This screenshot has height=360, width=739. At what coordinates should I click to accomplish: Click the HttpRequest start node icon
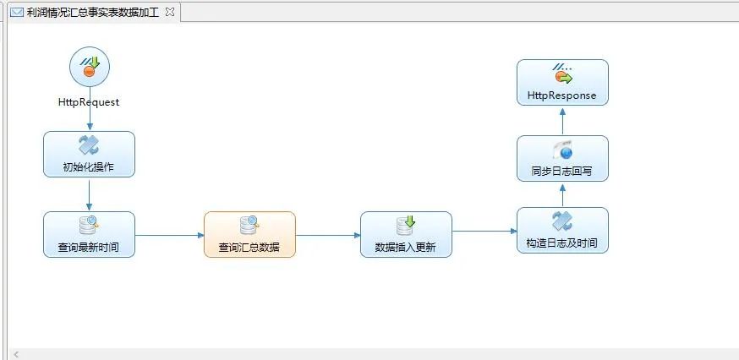pyautogui.click(x=89, y=67)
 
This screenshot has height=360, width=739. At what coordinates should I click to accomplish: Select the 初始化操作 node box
pyautogui.click(x=89, y=154)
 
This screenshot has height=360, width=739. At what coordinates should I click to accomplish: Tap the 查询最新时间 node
pyautogui.click(x=89, y=234)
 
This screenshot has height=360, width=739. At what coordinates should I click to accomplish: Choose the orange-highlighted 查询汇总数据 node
pyautogui.click(x=249, y=234)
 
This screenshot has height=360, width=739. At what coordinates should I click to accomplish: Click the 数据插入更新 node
pyautogui.click(x=406, y=234)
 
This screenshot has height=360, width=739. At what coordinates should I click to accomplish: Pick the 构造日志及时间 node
pyautogui.click(x=562, y=230)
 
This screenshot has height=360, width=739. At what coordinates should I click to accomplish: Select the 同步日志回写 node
pyautogui.click(x=562, y=158)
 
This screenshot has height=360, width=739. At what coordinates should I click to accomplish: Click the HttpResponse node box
pyautogui.click(x=562, y=82)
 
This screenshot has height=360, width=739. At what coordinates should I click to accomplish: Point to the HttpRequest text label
pyautogui.click(x=89, y=102)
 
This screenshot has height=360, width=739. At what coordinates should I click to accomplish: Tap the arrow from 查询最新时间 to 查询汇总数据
pyautogui.click(x=169, y=235)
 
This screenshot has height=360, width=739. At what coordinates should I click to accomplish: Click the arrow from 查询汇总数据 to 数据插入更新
pyautogui.click(x=328, y=235)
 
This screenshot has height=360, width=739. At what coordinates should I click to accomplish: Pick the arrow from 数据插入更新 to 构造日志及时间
pyautogui.click(x=484, y=231)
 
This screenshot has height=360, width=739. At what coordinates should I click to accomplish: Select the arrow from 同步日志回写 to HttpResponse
pyautogui.click(x=562, y=120)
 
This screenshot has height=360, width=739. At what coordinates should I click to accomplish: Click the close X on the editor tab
pyautogui.click(x=170, y=12)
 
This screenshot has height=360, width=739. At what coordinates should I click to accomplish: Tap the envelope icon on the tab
pyautogui.click(x=16, y=13)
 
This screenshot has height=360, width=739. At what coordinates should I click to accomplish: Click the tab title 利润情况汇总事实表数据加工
pyautogui.click(x=92, y=13)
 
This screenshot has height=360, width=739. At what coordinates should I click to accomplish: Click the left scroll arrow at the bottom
pyautogui.click(x=15, y=354)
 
